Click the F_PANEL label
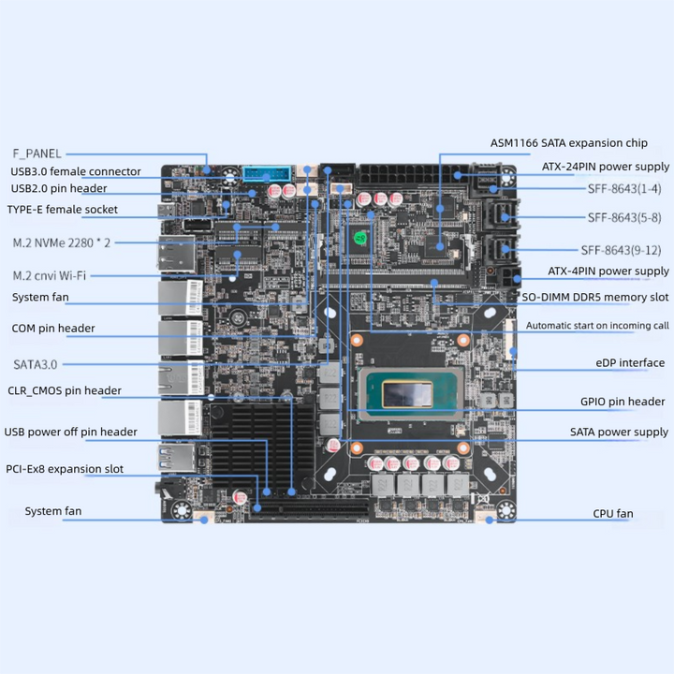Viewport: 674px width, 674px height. (37, 154)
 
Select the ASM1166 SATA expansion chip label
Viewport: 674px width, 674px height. (569, 143)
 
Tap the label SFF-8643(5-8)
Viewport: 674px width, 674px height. (624, 217)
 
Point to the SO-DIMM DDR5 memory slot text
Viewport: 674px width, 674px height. (595, 297)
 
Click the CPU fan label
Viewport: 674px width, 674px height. (613, 514)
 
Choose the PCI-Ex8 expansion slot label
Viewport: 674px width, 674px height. (65, 469)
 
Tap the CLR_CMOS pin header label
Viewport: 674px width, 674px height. (65, 390)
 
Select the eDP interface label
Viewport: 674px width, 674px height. (630, 363)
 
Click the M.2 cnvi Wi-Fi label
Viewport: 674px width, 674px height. (50, 275)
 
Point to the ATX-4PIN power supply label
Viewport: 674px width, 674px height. (608, 271)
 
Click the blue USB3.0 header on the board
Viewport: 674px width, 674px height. (267, 174)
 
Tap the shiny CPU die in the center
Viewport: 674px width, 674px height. (407, 394)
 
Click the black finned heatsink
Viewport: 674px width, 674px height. (262, 447)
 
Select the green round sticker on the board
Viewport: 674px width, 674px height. (360, 238)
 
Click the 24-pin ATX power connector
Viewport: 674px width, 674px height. (414, 174)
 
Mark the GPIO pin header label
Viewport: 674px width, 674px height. (623, 402)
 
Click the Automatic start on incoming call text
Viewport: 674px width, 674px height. (597, 326)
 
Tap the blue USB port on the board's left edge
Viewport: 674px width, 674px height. (176, 457)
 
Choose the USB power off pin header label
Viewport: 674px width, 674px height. (71, 432)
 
